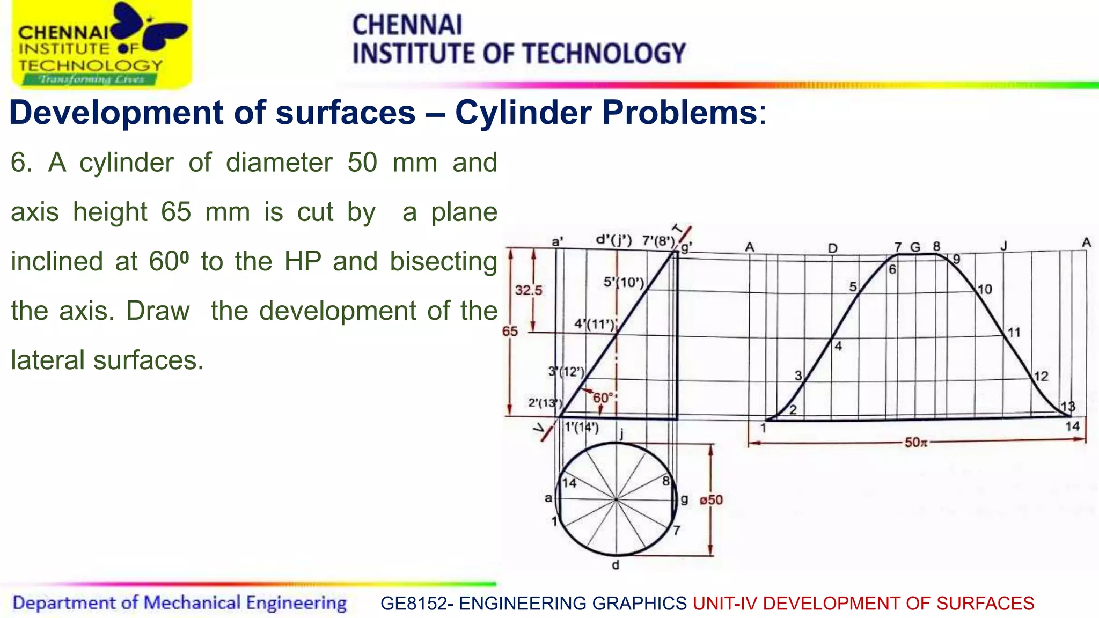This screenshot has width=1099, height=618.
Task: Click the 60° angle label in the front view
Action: [603, 398]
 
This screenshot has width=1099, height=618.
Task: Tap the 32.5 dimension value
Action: [529, 290]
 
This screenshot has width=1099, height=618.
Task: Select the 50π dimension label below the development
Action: [915, 443]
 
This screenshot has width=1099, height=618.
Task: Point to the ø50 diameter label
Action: [711, 500]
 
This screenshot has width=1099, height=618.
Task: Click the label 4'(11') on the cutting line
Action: [594, 324]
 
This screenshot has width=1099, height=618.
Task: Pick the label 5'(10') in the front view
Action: [623, 282]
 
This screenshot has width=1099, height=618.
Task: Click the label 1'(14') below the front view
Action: [582, 428]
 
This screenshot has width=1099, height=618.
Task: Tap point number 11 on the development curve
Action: [1013, 333]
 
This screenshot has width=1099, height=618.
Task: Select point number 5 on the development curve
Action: [853, 287]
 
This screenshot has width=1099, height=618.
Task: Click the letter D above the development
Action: [832, 248]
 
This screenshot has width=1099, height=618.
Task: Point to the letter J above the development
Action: [1003, 246]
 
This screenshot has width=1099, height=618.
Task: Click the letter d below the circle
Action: [616, 565]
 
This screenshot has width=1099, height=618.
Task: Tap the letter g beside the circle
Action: [684, 499]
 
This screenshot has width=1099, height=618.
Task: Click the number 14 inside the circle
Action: [569, 483]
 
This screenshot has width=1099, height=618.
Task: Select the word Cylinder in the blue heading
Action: [524, 113]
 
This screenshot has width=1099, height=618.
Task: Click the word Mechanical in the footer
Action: [192, 602]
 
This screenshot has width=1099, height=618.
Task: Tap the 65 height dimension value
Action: [510, 331]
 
